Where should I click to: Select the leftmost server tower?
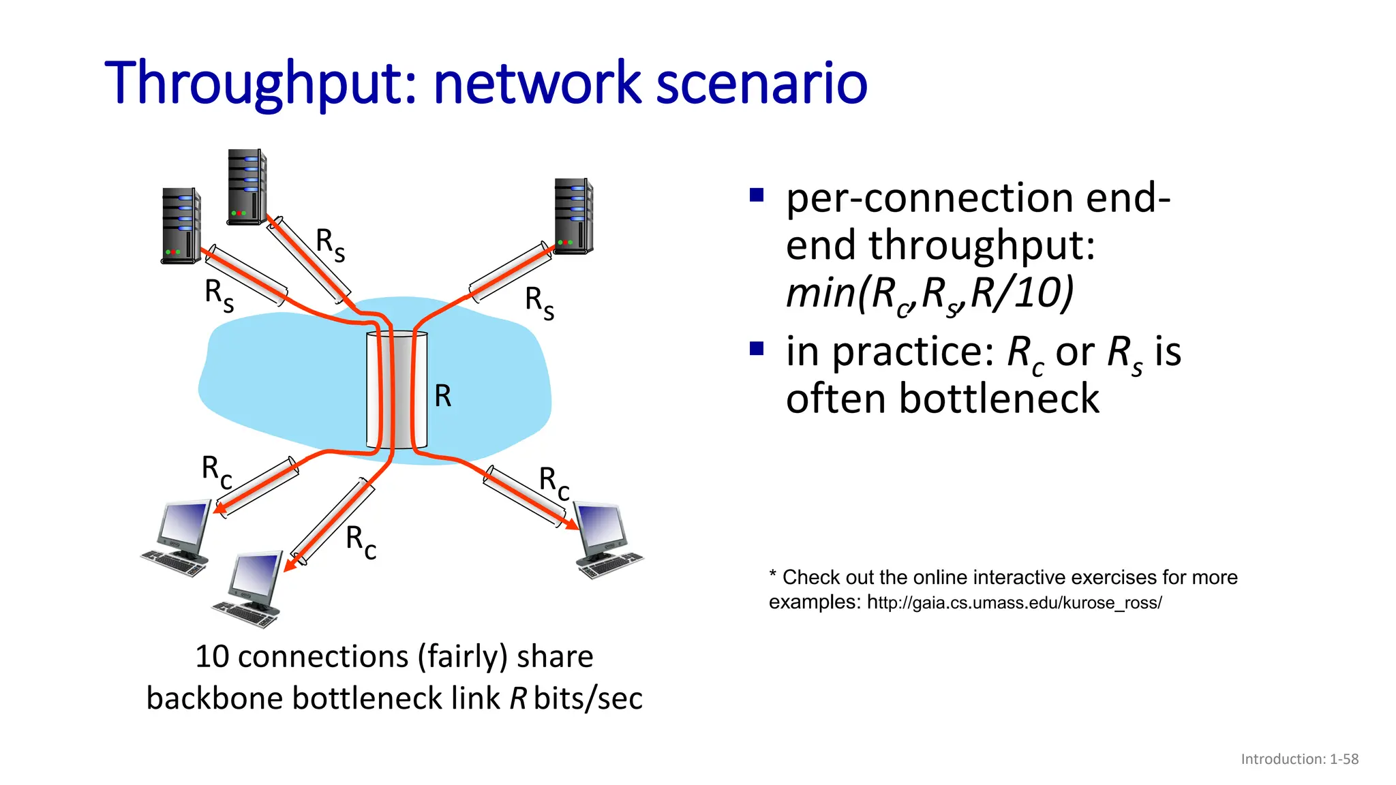(x=181, y=226)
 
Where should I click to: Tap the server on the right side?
(x=573, y=216)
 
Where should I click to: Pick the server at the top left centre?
(x=246, y=187)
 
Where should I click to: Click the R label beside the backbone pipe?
(x=443, y=396)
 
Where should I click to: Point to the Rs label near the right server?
(x=539, y=302)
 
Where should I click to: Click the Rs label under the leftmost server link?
(x=219, y=295)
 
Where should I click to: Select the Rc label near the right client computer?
(x=554, y=482)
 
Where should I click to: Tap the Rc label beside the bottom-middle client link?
(x=361, y=542)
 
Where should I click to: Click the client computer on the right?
(x=607, y=540)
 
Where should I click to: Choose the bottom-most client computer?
(x=251, y=589)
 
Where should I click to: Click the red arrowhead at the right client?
(x=571, y=525)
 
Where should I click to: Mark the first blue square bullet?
(x=756, y=196)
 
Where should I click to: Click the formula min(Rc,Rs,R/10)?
(x=929, y=294)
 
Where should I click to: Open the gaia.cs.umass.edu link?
(x=1014, y=603)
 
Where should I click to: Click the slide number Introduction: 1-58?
(x=1299, y=759)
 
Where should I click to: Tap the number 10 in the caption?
(x=211, y=657)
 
